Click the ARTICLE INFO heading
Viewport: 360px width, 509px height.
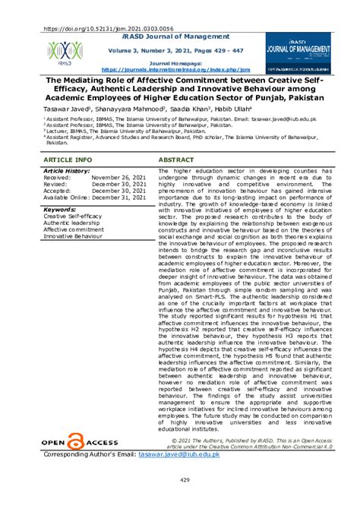point(68,160)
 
